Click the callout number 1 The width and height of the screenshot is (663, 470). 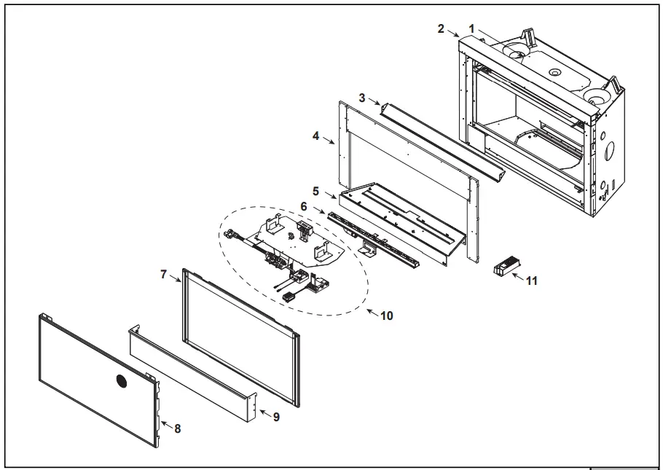tap(472, 28)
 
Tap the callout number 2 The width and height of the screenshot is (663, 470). tap(441, 28)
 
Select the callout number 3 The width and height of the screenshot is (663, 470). tap(362, 96)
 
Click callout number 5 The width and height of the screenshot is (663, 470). tap(315, 191)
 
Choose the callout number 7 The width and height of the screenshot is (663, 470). tap(164, 275)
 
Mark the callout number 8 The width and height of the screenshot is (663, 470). tap(177, 428)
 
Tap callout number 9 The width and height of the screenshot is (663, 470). tap(276, 416)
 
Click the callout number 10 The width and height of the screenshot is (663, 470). tap(387, 316)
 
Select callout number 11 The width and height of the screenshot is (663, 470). tap(532, 281)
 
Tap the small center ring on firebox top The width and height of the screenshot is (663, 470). tap(555, 72)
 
